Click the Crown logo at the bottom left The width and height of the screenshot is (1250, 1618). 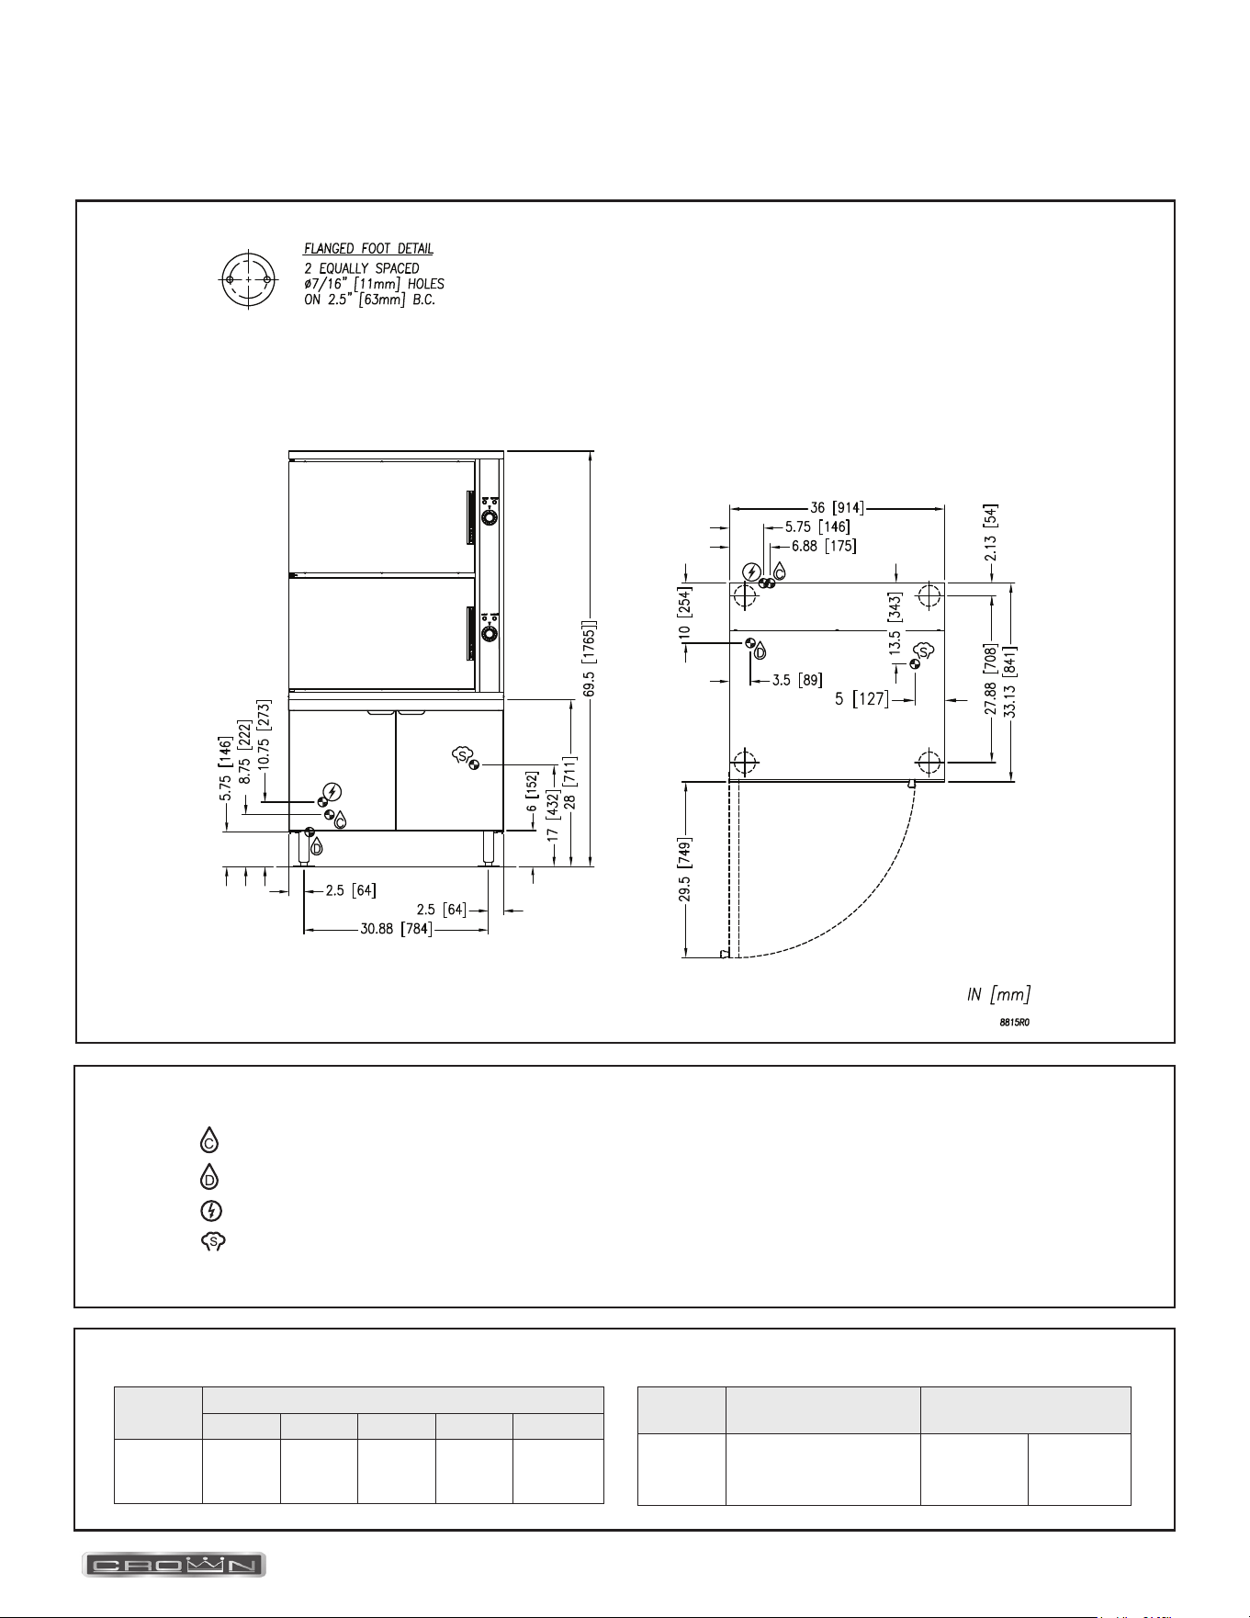pyautogui.click(x=175, y=1565)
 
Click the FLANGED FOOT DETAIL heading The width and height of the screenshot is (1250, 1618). pyautogui.click(x=369, y=248)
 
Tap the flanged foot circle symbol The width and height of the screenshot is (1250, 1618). pyautogui.click(x=248, y=278)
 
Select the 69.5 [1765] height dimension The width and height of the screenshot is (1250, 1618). pyautogui.click(x=590, y=662)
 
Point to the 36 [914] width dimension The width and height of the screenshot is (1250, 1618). pyautogui.click(x=836, y=506)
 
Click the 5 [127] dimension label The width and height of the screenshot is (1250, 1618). pyautogui.click(x=861, y=699)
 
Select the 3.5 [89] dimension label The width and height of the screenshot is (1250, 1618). pyautogui.click(x=796, y=680)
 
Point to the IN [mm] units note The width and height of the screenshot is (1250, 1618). pyautogui.click(x=998, y=994)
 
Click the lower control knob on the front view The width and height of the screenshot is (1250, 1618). pyautogui.click(x=490, y=634)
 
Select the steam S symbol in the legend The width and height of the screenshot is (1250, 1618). pyautogui.click(x=213, y=1242)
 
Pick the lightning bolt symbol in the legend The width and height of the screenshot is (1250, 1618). pyautogui.click(x=210, y=1211)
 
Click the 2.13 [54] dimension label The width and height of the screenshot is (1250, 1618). pyautogui.click(x=992, y=533)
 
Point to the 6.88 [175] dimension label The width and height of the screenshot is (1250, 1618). pyautogui.click(x=824, y=546)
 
